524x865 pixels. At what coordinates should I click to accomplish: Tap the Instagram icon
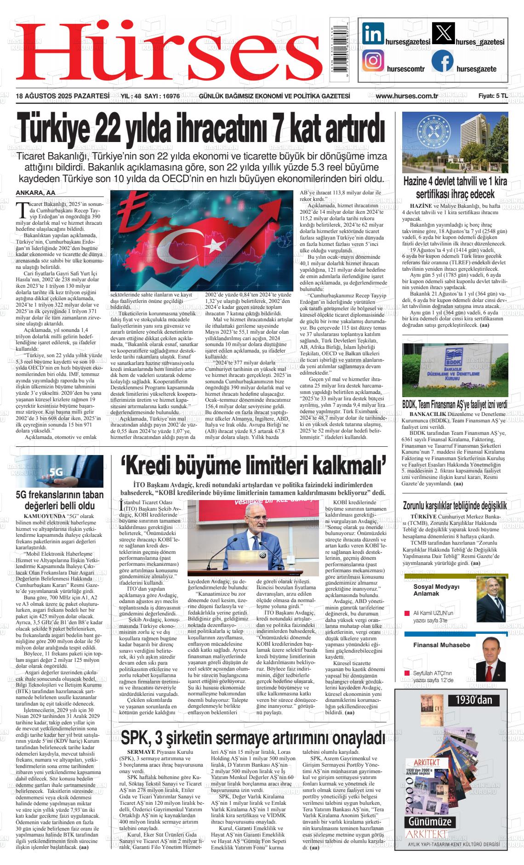pyautogui.click(x=373, y=60)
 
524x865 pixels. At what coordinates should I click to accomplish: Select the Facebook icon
pyautogui.click(x=442, y=61)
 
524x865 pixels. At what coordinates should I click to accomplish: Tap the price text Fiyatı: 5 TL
pyautogui.click(x=492, y=96)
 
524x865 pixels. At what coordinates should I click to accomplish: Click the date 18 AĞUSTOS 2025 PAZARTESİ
pyautogui.click(x=62, y=96)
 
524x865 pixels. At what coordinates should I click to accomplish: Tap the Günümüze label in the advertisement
pyautogui.click(x=428, y=821)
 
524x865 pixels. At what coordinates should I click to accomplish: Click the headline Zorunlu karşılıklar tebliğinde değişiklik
pyautogui.click(x=455, y=506)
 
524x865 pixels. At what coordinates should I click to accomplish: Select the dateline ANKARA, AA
pyautogui.click(x=35, y=193)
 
